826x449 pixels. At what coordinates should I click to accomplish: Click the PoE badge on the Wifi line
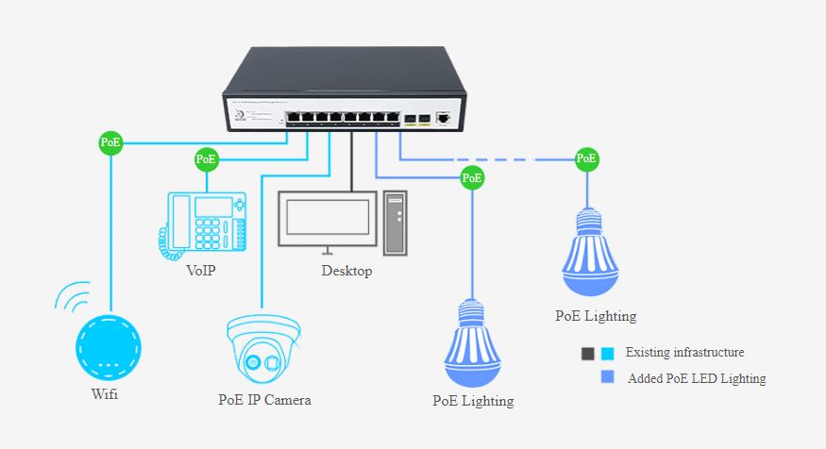[110, 143]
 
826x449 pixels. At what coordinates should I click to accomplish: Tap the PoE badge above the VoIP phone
[206, 159]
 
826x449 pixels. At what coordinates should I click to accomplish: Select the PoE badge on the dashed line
[586, 158]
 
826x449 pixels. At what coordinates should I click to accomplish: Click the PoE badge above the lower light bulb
[472, 176]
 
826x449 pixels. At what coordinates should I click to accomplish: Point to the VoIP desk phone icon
[202, 224]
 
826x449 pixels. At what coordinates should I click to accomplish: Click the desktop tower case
[396, 224]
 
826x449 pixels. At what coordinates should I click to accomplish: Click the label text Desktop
[346, 272]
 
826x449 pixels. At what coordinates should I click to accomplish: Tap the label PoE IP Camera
[264, 400]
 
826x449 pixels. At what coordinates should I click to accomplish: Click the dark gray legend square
[588, 354]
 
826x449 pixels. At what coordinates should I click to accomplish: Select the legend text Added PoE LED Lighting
[695, 378]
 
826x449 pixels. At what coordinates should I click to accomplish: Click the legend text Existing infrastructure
[684, 353]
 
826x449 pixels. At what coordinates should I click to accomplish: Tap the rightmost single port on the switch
[444, 119]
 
